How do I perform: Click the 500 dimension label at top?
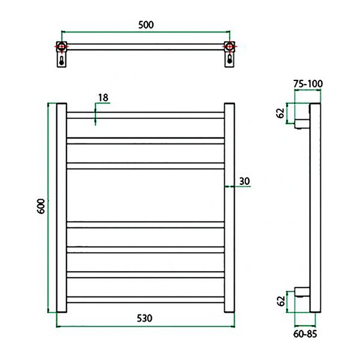pyautogui.click(x=146, y=25)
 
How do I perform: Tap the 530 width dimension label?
pyautogui.click(x=145, y=318)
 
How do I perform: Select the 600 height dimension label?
pyautogui.click(x=41, y=206)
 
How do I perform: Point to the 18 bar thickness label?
pyautogui.click(x=103, y=98)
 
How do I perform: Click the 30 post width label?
pyautogui.click(x=244, y=181)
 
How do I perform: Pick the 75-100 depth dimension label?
pyautogui.click(x=308, y=83)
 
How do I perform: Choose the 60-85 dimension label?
pyautogui.click(x=305, y=334)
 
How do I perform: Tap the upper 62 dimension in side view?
pyautogui.click(x=280, y=113)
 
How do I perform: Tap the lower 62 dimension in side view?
pyautogui.click(x=281, y=301)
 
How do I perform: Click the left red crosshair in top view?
pyautogui.click(x=62, y=47)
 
